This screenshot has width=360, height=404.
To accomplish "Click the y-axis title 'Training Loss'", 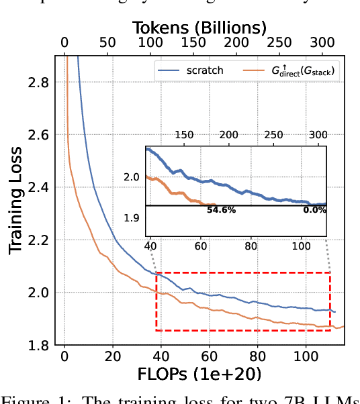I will click(15, 199).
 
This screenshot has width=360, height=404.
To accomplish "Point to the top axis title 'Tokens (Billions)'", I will click(199, 28).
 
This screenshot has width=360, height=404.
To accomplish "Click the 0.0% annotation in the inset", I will click(314, 210).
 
